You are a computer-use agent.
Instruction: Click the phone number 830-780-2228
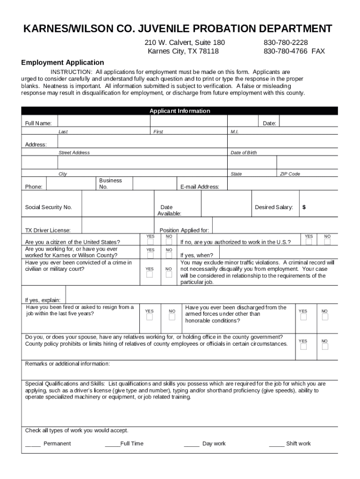pos(286,43)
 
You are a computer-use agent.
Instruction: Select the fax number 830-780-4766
pos(286,51)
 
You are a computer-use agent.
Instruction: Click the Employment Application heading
pos(63,62)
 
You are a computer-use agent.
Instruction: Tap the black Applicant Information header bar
pos(180,111)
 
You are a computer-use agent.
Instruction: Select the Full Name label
pos(38,123)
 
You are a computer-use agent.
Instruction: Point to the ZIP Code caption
pos(289,174)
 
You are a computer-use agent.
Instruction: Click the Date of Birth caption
pos(244,152)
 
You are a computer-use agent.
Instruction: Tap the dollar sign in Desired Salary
pos(304,207)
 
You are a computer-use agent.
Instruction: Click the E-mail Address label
pos(200,187)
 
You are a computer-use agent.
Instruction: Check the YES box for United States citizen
pos(150,242)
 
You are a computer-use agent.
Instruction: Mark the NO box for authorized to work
pos(327,242)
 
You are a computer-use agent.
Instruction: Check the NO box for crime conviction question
pos(168,275)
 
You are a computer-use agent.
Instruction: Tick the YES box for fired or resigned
pos(149,317)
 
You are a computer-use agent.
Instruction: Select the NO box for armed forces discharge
pos(325,317)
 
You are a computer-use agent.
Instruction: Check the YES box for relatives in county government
pos(303,347)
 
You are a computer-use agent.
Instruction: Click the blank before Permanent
pos(33,443)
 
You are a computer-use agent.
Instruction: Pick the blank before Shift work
pos(276,443)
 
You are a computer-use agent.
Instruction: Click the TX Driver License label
pos(48,230)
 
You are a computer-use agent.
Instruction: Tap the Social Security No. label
pos(48,207)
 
